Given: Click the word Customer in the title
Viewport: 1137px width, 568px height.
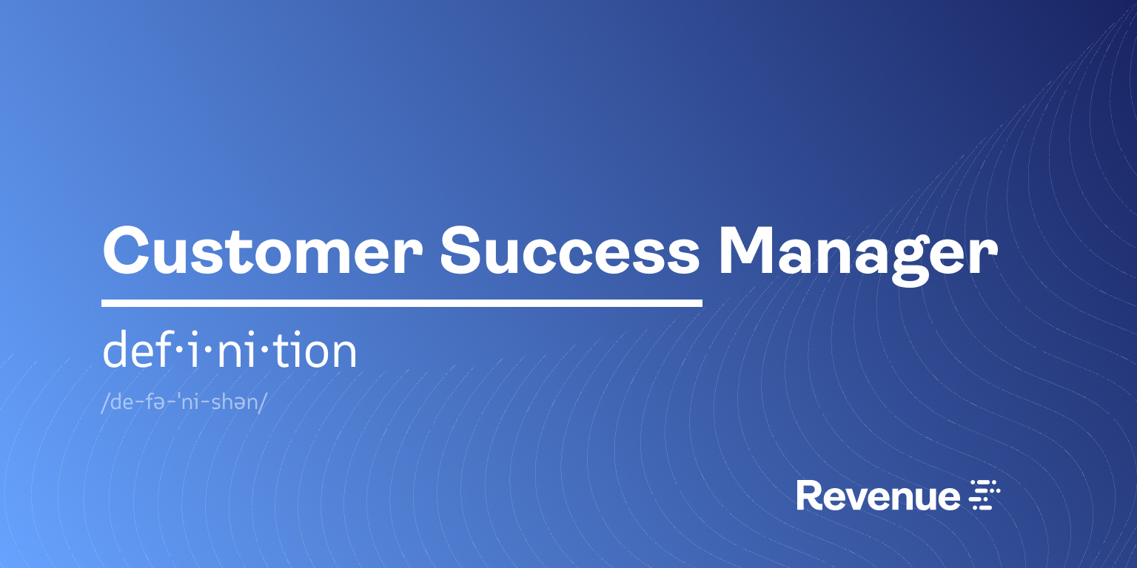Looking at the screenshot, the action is (x=263, y=251).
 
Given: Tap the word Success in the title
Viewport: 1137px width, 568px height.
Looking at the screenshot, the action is (x=570, y=251).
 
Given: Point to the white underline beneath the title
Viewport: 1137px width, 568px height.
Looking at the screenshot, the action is (x=402, y=303).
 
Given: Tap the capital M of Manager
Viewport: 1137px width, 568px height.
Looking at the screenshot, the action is (x=747, y=251).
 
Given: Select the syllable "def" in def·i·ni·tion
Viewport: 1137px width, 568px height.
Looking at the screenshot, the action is (x=138, y=349).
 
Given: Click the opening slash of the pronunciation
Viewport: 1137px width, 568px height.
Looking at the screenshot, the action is (x=105, y=402).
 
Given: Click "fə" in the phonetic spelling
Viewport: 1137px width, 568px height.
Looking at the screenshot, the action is (x=154, y=402).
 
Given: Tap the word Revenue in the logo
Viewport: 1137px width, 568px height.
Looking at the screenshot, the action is (x=878, y=496).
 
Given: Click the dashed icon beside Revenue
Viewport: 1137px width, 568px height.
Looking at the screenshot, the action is (x=985, y=495).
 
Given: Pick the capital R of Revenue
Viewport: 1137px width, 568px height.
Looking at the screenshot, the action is (x=809, y=496).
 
